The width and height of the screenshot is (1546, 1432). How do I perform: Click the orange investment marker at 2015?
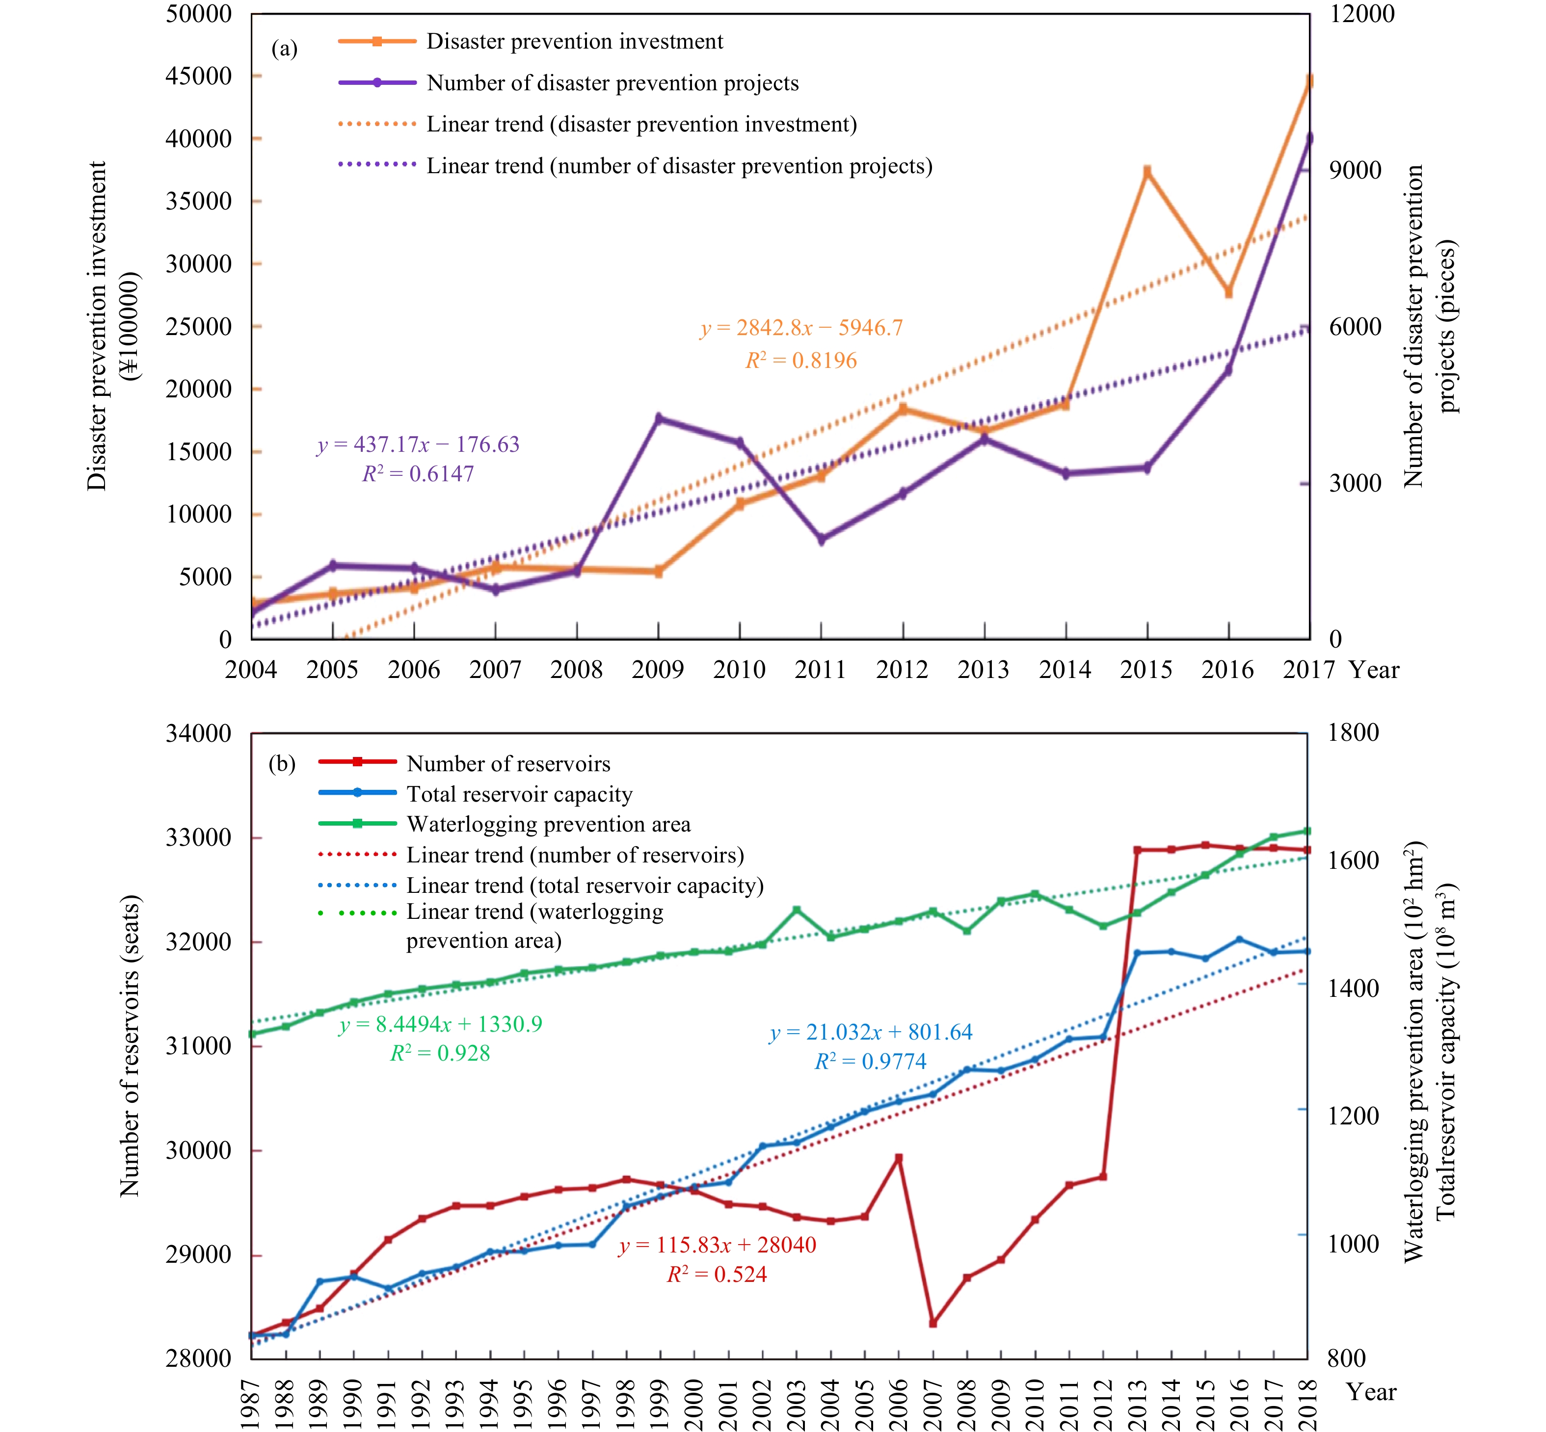pos(1146,171)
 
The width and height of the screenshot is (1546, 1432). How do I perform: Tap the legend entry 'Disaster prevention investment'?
pos(575,42)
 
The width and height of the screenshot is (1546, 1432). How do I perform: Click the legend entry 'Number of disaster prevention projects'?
pos(613,84)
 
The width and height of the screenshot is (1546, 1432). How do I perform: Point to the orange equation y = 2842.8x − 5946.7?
pos(801,329)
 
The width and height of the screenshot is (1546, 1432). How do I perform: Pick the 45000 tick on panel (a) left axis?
pos(198,76)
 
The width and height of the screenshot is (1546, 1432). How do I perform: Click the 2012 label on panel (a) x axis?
pos(902,670)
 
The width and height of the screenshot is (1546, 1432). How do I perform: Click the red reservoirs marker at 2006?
pos(899,1158)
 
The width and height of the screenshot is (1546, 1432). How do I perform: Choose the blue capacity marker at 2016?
pos(1239,939)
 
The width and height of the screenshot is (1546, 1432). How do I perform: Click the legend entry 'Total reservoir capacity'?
pos(519,794)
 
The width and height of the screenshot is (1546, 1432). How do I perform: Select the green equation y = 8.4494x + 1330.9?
pos(440,1024)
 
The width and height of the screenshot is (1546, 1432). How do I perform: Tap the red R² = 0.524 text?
pos(717,1275)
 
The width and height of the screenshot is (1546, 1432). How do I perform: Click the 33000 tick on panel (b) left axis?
pos(198,837)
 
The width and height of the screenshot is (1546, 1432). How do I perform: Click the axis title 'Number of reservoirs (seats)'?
pos(130,1046)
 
